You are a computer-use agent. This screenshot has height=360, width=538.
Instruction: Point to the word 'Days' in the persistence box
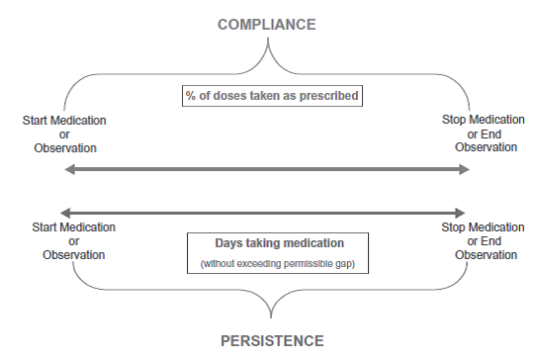pyautogui.click(x=229, y=243)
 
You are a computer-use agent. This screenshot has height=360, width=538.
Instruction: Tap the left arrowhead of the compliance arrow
pyautogui.click(x=67, y=170)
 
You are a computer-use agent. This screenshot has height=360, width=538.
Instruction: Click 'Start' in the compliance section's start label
pyautogui.click(x=36, y=121)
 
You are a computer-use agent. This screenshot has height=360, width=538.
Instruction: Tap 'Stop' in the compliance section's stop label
pyautogui.click(x=456, y=121)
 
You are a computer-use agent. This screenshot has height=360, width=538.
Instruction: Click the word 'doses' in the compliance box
pyautogui.click(x=229, y=96)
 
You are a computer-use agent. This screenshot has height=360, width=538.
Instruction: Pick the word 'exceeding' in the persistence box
pyautogui.click(x=261, y=264)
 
